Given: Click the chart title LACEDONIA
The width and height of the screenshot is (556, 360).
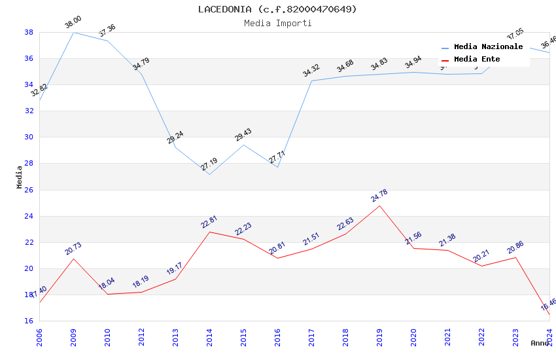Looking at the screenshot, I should click(277, 9).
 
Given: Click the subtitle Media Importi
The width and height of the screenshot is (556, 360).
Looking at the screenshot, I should click(277, 23).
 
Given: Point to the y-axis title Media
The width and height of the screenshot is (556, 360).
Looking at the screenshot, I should click(20, 177).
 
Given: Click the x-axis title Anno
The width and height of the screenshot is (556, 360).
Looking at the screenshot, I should click(540, 343).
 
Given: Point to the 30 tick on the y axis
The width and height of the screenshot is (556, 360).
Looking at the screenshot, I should click(29, 137).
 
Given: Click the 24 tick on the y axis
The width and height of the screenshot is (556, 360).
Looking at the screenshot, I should click(29, 216).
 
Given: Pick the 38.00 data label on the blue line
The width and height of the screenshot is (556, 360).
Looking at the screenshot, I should click(73, 24).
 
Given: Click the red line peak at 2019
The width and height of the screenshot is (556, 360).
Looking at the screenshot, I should click(379, 206).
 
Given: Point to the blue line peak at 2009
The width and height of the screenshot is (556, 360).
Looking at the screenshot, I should click(73, 32).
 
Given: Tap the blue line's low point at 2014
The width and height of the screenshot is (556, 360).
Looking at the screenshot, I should click(209, 174).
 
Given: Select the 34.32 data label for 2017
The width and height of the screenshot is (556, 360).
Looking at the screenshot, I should click(311, 71).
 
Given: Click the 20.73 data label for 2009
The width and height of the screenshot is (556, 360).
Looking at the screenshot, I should click(73, 249).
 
